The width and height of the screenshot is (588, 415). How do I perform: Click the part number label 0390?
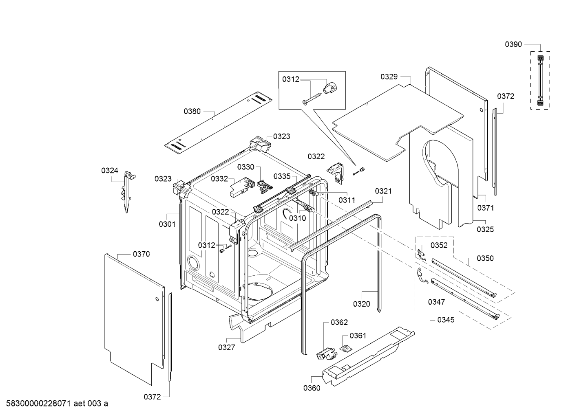click(513, 44)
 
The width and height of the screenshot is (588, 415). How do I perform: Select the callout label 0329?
click(389, 76)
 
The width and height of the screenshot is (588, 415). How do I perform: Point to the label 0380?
click(192, 111)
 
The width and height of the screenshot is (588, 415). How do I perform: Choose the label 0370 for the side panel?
click(141, 254)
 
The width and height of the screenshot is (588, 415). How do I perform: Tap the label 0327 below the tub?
click(226, 347)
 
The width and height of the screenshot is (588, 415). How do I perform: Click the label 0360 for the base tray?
click(312, 388)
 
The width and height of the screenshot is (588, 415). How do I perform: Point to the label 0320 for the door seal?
click(361, 304)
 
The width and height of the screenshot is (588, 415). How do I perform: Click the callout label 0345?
click(446, 320)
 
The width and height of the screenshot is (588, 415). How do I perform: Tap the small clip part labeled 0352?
click(422, 253)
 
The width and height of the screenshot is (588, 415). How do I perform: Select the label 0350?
click(485, 258)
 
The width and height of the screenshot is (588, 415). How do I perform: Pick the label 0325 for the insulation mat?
click(485, 229)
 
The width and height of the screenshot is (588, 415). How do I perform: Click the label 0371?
click(485, 208)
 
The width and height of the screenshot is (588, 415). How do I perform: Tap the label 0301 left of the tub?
click(167, 224)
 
